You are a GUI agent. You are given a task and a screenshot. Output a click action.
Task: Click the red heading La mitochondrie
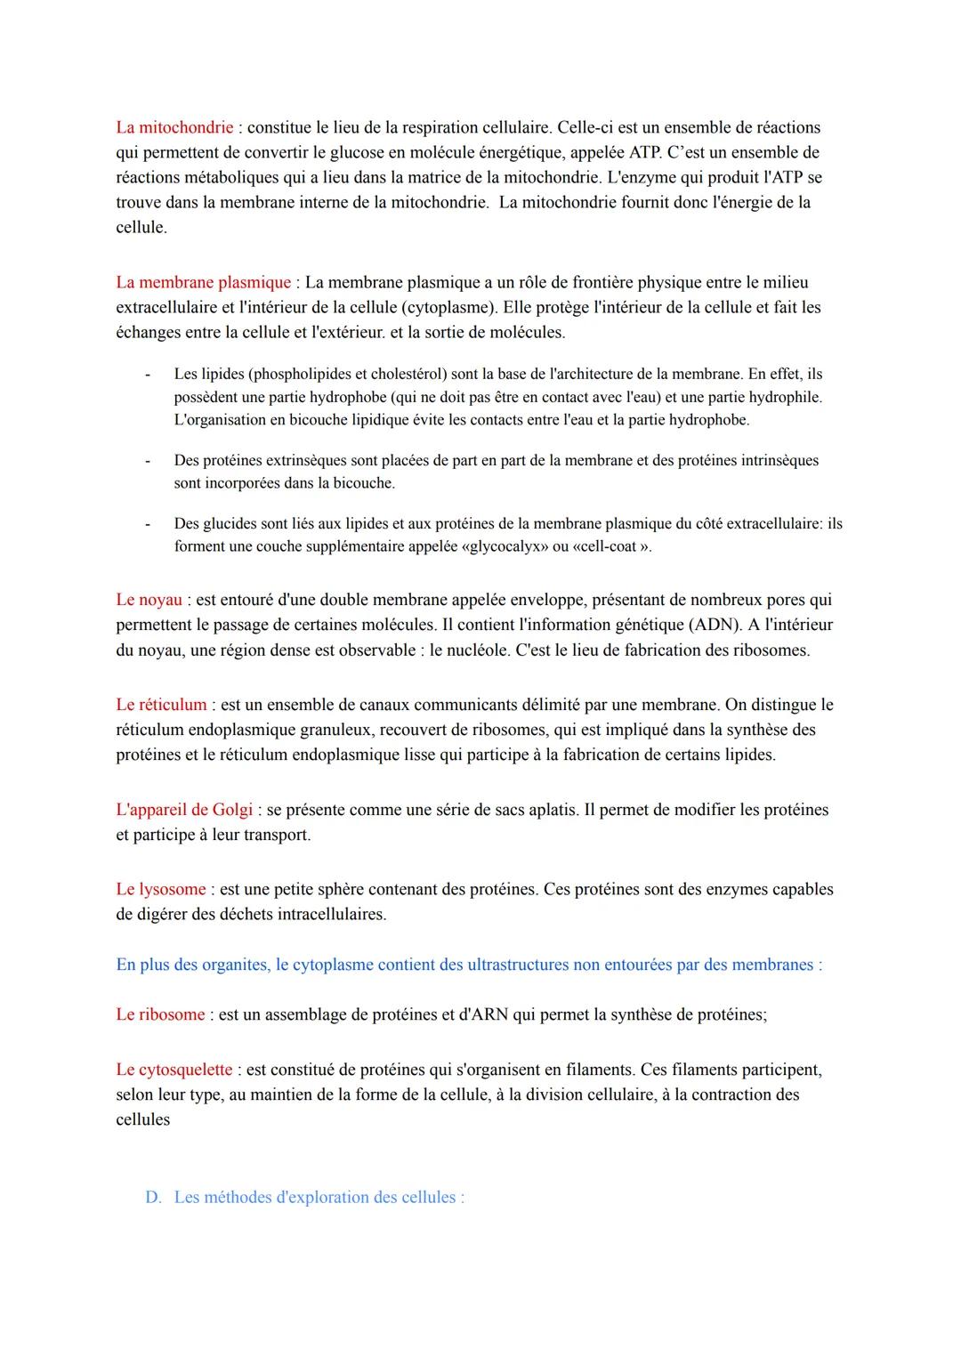[174, 127]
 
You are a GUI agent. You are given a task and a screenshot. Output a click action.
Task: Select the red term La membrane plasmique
[203, 282]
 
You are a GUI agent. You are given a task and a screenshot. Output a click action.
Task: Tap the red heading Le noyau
[149, 600]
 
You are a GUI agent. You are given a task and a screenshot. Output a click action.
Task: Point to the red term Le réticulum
[161, 705]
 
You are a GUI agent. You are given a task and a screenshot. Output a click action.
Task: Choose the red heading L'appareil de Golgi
[184, 810]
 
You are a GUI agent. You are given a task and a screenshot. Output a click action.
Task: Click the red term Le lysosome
[160, 889]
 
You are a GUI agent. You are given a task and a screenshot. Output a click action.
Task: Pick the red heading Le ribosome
[160, 1014]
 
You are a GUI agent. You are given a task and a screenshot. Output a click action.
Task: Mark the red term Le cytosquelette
[174, 1070]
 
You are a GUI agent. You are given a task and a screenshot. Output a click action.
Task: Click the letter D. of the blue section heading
[153, 1198]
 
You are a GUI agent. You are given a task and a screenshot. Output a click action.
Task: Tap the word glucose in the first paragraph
[427, 152]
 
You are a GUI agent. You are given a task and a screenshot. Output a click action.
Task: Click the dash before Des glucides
[149, 524]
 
